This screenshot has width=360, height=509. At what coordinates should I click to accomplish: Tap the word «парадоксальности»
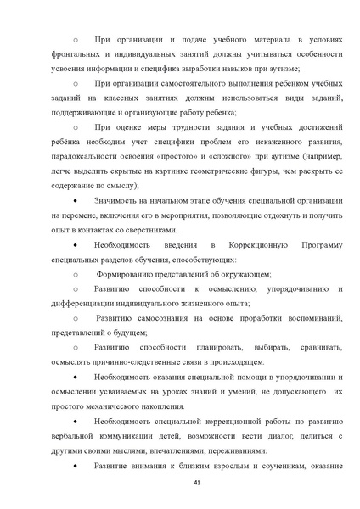(x=91, y=157)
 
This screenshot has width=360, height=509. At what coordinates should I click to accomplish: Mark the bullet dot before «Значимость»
(x=76, y=200)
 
